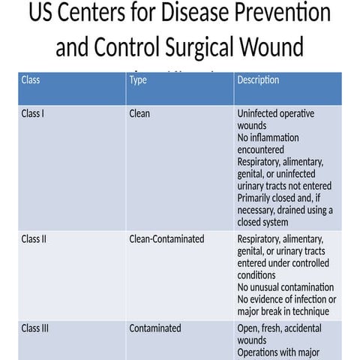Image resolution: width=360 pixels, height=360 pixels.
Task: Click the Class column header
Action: pyautogui.click(x=31, y=79)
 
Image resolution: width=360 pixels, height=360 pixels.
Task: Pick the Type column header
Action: pyautogui.click(x=138, y=79)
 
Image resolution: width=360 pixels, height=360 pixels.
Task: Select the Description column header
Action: pyautogui.click(x=258, y=79)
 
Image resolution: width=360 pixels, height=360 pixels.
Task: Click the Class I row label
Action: pyautogui.click(x=35, y=114)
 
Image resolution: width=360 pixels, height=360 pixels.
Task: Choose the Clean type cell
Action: pyautogui.click(x=139, y=114)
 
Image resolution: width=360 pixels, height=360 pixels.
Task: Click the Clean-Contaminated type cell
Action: pyautogui.click(x=166, y=239)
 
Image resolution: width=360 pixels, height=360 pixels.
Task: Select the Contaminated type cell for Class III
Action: pyautogui.click(x=155, y=328)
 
